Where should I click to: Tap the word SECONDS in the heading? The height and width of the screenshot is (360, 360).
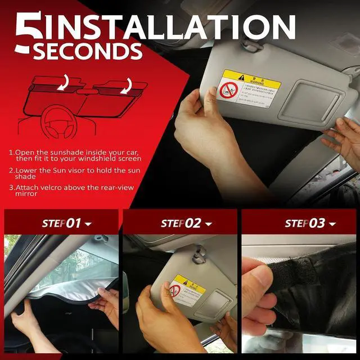(x=87, y=51)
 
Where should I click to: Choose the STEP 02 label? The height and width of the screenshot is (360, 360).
(x=181, y=223)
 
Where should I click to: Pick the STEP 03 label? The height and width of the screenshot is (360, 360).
(x=305, y=223)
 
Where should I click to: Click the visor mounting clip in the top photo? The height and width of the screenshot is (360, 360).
(x=251, y=43)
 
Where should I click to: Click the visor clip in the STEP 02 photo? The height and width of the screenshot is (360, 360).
(x=199, y=256)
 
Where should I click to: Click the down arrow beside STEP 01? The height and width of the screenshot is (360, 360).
(x=88, y=224)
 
